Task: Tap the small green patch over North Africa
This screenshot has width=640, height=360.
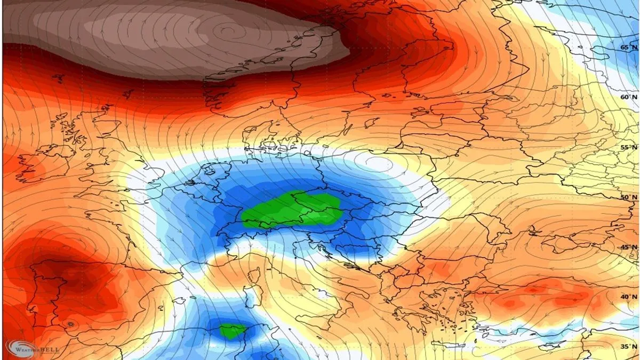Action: pyautogui.click(x=233, y=331)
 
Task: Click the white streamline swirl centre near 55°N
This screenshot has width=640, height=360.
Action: pyautogui.click(x=376, y=161)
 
